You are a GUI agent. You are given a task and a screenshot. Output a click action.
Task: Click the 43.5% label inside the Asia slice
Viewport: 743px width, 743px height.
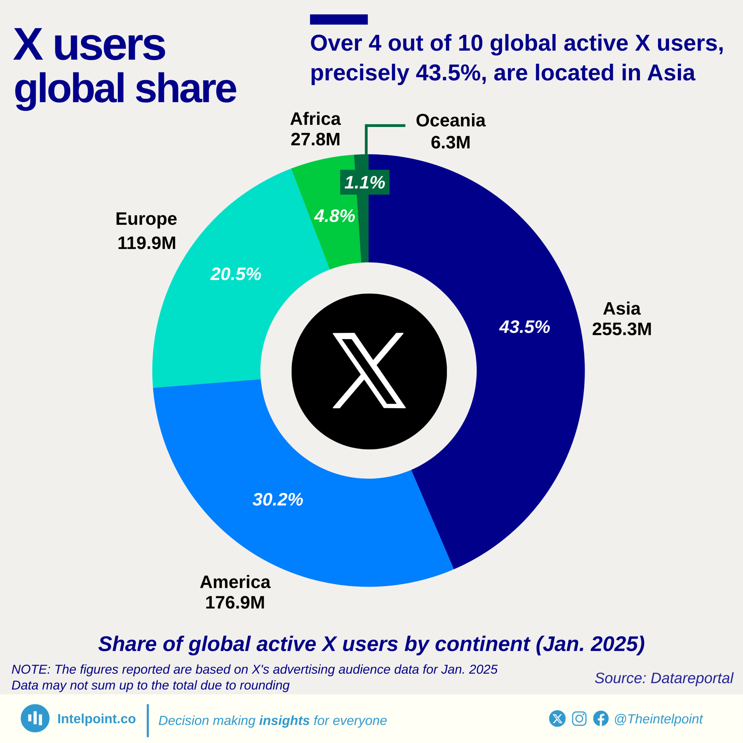coord(524,327)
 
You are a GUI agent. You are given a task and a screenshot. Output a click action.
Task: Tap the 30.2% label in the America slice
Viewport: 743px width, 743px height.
coord(278,499)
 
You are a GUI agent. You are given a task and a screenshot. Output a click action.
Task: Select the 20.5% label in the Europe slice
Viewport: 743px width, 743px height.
coord(236,274)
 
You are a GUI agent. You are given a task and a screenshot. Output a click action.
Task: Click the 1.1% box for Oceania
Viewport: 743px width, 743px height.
coord(365,182)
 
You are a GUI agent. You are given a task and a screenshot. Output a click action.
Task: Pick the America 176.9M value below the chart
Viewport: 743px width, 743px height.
coord(235,603)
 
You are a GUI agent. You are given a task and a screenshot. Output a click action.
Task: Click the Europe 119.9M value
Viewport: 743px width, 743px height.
coord(147,243)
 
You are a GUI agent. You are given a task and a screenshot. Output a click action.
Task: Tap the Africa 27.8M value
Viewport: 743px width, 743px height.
coord(315,139)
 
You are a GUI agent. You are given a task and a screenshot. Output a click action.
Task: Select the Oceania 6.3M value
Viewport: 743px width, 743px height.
coord(450,142)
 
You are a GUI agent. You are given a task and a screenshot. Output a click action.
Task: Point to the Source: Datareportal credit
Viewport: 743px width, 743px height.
coord(664,678)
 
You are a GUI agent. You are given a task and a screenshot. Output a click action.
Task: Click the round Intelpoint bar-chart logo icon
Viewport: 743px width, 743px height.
coord(35,718)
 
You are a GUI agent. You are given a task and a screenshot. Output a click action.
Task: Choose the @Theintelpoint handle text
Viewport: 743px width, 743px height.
coord(658,719)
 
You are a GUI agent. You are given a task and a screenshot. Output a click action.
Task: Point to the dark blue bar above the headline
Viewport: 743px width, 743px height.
coord(339,19)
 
